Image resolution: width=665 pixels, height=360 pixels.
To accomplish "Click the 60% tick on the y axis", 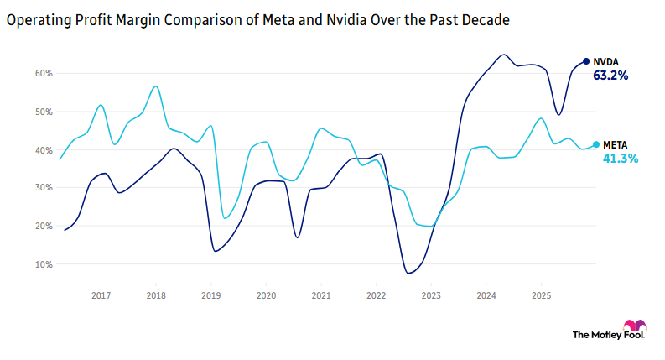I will click(44, 74).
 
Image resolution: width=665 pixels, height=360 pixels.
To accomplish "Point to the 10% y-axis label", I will click(44, 264).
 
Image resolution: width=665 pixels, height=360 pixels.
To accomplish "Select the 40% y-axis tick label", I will click(44, 150).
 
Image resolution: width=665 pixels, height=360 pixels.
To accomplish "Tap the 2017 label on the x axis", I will click(101, 296).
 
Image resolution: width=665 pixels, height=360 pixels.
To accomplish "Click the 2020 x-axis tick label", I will click(266, 296).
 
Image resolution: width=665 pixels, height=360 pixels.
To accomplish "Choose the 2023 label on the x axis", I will click(431, 296).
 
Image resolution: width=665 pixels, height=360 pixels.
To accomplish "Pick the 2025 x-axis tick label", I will click(541, 296).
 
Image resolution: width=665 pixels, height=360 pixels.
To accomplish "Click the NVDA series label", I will click(606, 62).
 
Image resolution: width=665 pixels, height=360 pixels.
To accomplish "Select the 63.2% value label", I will click(610, 76).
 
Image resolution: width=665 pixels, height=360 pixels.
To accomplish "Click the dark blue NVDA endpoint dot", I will click(586, 61).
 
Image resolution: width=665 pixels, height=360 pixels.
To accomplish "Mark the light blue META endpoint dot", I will click(596, 144).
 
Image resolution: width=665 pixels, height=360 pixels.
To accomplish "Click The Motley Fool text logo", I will click(596, 335).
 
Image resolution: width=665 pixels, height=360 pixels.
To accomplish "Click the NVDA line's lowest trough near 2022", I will click(408, 273).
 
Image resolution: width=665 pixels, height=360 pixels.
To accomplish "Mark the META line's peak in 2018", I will click(156, 86).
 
